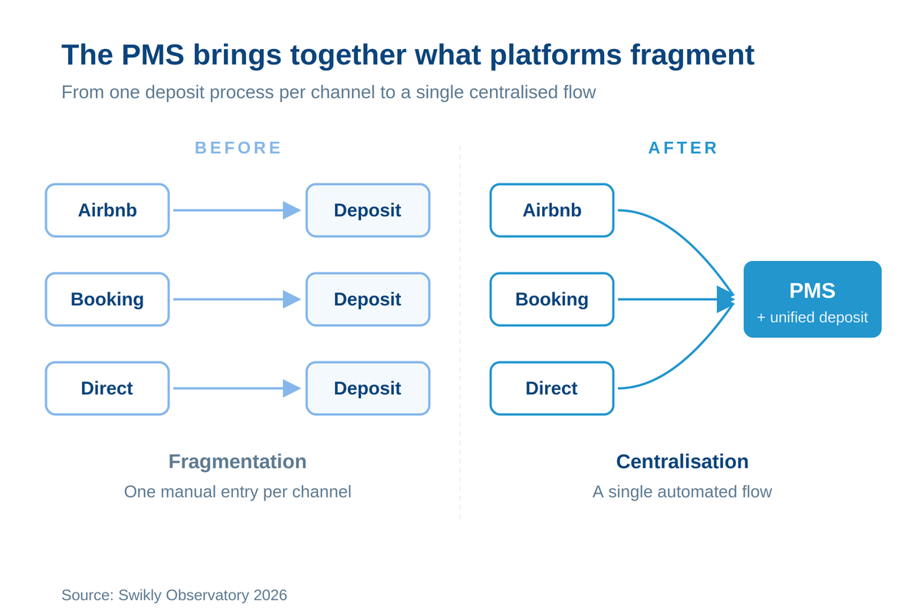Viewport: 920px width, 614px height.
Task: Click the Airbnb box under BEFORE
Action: click(x=107, y=210)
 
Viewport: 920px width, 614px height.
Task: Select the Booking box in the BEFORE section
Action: click(x=107, y=299)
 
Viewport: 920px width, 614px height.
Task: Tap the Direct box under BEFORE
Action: click(x=107, y=388)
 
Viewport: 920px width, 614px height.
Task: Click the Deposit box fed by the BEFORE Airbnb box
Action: click(x=368, y=210)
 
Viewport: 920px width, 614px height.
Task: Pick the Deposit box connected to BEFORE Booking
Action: click(x=368, y=299)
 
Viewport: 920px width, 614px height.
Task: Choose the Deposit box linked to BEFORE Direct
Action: click(x=368, y=388)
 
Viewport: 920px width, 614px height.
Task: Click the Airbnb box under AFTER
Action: click(x=552, y=210)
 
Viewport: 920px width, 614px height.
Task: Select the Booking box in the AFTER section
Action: click(x=552, y=299)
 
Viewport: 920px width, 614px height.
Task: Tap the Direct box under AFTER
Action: click(x=552, y=388)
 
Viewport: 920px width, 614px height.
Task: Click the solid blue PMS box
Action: click(x=813, y=299)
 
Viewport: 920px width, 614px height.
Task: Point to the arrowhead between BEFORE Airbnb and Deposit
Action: click(x=291, y=210)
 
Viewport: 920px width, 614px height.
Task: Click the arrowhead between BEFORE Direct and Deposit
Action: click(x=291, y=388)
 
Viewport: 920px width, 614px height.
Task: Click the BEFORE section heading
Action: click(x=238, y=147)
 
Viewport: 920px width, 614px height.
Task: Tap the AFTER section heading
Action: click(x=683, y=147)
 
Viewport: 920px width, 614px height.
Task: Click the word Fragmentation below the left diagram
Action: click(x=238, y=462)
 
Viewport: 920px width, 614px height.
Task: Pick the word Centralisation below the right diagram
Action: click(x=682, y=461)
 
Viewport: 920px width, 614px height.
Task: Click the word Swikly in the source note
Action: click(x=140, y=596)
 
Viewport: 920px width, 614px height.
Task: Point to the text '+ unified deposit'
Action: click(x=813, y=318)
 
